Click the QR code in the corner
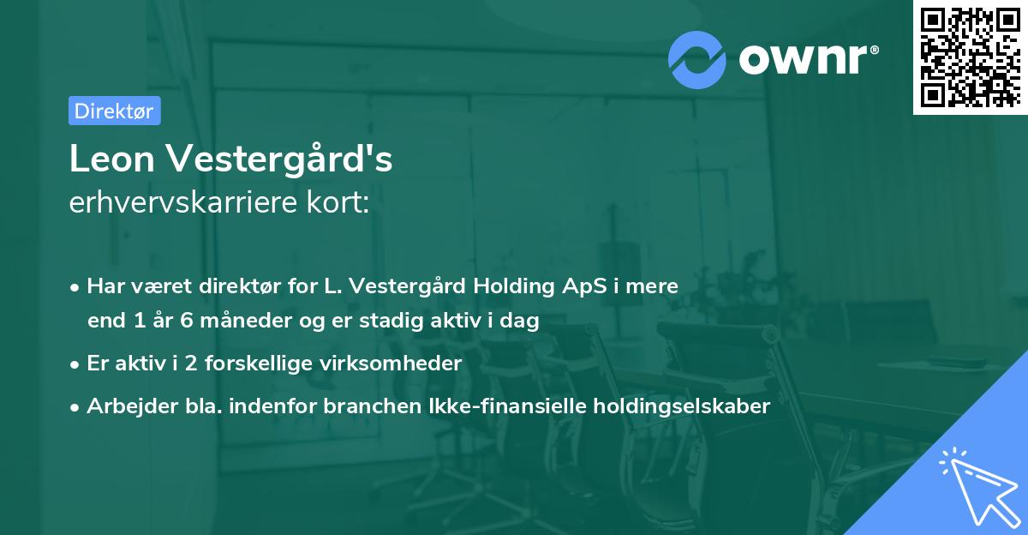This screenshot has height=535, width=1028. tap(970, 57)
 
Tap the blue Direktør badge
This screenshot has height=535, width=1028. tap(114, 111)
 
